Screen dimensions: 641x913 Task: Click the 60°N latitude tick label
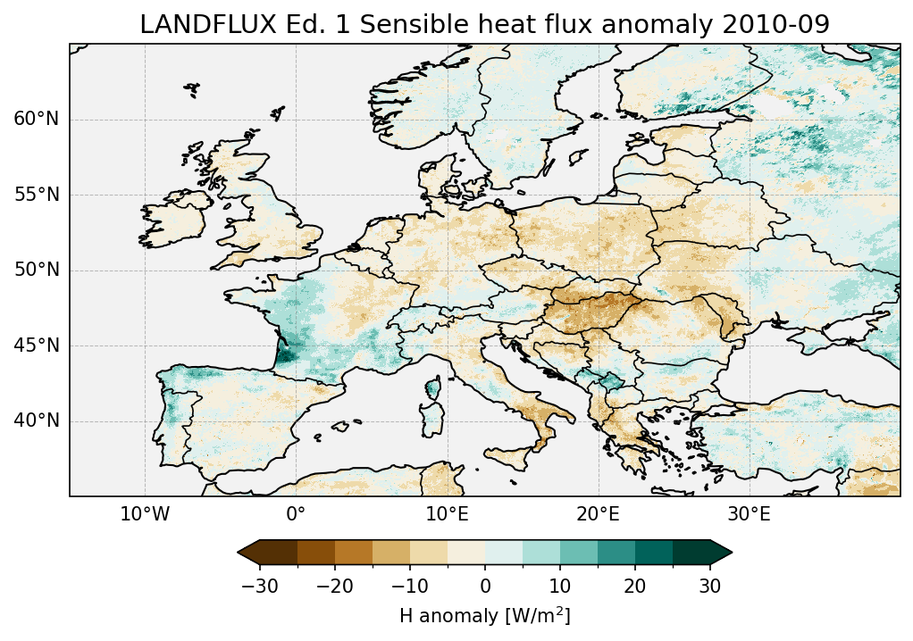click(36, 120)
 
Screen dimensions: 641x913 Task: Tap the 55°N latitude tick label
click(36, 195)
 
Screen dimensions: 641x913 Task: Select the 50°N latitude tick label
click(36, 271)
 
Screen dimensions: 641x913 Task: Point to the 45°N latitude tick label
click(36, 345)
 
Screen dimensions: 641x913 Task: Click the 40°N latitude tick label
click(36, 420)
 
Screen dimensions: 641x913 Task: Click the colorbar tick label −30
click(259, 586)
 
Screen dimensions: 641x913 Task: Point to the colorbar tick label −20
click(334, 586)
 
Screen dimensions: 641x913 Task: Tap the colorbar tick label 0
click(485, 586)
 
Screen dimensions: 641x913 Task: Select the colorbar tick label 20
click(635, 586)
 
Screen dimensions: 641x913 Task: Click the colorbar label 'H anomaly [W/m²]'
click(484, 616)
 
